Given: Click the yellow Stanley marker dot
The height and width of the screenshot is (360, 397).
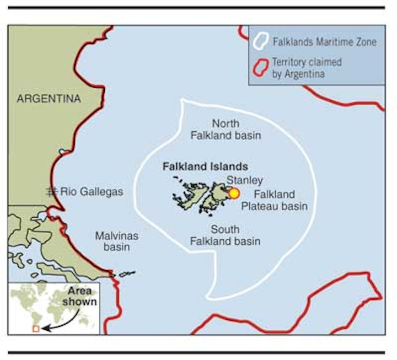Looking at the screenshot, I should (x=234, y=193).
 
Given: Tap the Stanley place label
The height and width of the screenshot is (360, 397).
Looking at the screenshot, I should (x=244, y=180).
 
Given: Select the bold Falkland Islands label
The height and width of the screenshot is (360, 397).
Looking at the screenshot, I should (x=205, y=166).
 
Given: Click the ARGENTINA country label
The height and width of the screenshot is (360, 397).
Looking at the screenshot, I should (x=49, y=99).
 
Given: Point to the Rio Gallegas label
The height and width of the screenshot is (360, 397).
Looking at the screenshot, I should (x=92, y=192).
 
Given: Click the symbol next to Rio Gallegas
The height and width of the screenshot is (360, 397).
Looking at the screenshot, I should (x=52, y=191).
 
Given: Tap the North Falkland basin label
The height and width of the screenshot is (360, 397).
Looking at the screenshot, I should (x=226, y=129).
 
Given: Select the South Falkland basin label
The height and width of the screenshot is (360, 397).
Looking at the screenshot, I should (x=225, y=235).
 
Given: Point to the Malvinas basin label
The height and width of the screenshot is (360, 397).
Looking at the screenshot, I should (x=116, y=241).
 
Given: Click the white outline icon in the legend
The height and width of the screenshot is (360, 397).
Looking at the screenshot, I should (x=261, y=41).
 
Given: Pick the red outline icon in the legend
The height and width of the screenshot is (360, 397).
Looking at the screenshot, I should (x=261, y=67).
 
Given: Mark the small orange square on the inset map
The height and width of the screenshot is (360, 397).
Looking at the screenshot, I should (x=36, y=329).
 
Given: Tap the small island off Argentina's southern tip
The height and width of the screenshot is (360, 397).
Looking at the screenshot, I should (x=127, y=273).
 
